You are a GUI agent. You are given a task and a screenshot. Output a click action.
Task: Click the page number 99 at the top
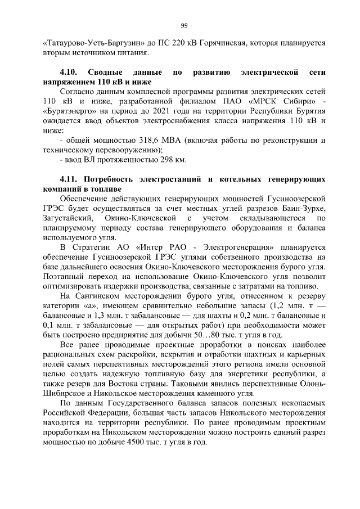coord(183,25)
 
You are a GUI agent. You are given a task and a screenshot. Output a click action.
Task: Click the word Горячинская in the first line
coord(232,43)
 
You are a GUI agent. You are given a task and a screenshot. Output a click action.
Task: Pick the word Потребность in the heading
coord(110,179)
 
